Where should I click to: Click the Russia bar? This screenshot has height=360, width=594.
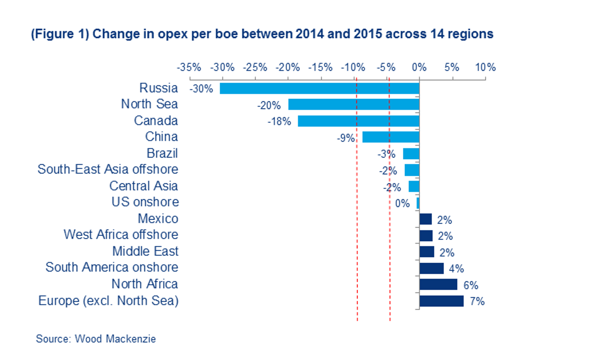[319, 88]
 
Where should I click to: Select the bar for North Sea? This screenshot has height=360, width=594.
[354, 105]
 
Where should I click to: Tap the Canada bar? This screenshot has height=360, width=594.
[358, 121]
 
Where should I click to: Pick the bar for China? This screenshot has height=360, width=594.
[391, 137]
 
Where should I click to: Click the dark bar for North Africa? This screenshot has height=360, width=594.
[438, 284]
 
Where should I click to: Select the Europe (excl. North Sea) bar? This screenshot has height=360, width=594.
[442, 301]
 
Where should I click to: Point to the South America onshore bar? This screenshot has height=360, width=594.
[432, 268]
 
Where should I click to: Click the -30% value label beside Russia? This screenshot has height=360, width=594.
[201, 89]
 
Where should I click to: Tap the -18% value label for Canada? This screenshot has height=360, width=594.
[279, 121]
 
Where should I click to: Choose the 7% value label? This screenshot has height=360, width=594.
[477, 301]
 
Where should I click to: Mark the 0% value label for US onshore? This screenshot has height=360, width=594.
[402, 203]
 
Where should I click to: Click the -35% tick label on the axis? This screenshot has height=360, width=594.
[189, 67]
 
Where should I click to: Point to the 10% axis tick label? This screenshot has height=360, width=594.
[485, 67]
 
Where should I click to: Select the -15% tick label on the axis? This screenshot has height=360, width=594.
[320, 67]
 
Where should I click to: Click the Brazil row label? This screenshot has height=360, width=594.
[162, 153]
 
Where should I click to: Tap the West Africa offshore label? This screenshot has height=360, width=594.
[121, 235]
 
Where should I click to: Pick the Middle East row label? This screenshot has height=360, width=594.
[145, 251]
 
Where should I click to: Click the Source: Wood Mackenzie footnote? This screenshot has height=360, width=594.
[96, 339]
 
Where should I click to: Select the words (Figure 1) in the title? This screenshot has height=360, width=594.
[59, 34]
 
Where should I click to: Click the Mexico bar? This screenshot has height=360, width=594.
[426, 219]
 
